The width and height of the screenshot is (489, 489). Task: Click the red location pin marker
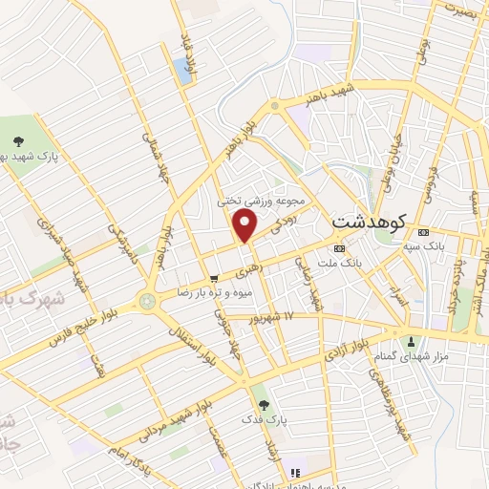coord(246,225)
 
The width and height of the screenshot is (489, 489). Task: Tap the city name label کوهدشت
coord(370,221)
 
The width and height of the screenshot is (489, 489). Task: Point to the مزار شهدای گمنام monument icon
coord(411,341)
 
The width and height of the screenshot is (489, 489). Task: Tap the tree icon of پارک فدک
coord(278,405)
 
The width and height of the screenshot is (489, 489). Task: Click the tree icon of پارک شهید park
coord(19,139)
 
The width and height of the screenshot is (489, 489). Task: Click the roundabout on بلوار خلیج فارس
coord(147,302)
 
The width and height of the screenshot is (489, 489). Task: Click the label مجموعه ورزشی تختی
coord(261,202)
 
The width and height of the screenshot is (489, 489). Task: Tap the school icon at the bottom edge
coord(294,472)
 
